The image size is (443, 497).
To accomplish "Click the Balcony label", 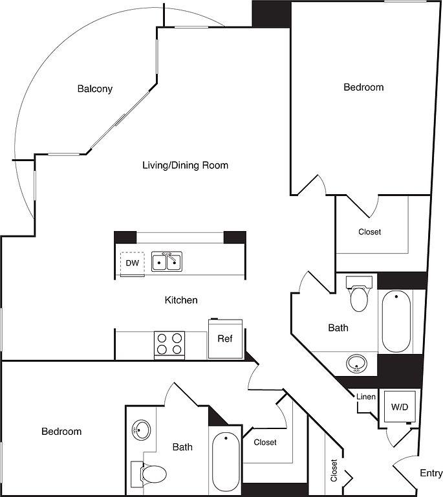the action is (95, 89).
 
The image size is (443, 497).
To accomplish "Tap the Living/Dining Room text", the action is (185, 165).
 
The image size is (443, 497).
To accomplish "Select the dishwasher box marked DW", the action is (132, 263).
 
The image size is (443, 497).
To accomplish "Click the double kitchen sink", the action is (167, 261).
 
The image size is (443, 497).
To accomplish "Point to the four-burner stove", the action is (169, 344).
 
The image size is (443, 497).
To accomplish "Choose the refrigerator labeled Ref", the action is (224, 338).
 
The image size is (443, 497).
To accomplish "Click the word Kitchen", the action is (181, 300).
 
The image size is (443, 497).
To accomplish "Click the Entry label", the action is (431, 473).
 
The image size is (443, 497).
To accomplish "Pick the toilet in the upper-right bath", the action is (358, 296).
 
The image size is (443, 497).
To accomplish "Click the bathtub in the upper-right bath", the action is (396, 322).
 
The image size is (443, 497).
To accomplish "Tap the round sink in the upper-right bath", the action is (356, 364).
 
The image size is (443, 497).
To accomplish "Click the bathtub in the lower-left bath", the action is (226, 462).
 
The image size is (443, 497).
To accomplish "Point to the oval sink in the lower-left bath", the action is (141, 428).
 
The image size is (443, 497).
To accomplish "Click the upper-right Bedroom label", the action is (363, 87).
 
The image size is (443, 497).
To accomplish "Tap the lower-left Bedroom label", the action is (61, 431).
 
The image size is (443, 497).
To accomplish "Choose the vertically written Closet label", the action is (334, 470).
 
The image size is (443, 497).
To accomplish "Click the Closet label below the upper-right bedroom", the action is (370, 232).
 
